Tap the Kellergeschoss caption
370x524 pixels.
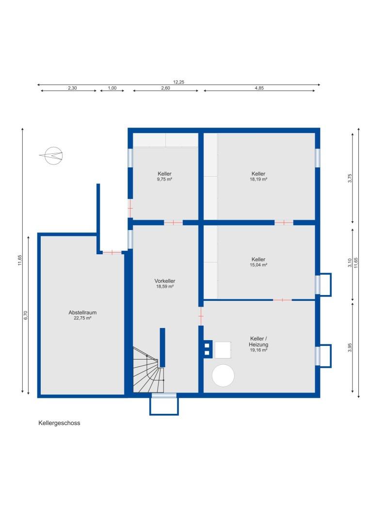tap(59, 423)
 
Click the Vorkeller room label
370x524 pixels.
tap(165, 281)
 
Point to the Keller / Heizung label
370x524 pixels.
tap(258, 341)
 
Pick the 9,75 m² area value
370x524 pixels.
tap(165, 179)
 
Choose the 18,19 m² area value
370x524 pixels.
tap(258, 179)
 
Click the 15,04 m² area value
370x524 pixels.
tap(258, 265)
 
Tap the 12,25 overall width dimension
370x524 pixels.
tap(178, 82)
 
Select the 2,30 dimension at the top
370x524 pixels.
tap(72, 88)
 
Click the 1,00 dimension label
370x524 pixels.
tap(112, 88)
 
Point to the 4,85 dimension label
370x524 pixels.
tap(260, 88)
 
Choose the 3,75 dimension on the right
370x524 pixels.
tap(349, 178)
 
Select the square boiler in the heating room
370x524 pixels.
tap(223, 349)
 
